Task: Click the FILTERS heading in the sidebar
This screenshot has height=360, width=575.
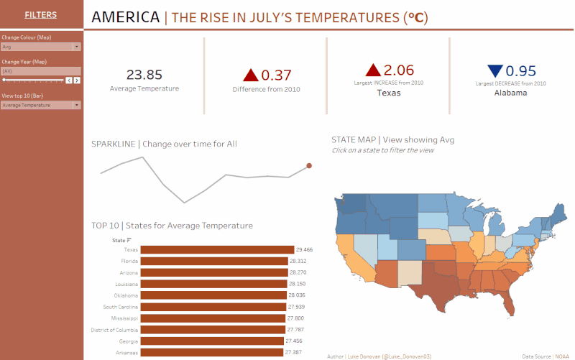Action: (40, 14)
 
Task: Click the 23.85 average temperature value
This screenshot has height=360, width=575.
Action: (144, 75)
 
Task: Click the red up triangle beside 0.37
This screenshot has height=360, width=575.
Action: (250, 75)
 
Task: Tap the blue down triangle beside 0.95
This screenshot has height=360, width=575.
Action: (494, 70)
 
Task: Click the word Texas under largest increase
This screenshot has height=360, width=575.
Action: (389, 93)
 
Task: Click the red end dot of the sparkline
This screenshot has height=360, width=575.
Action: (309, 166)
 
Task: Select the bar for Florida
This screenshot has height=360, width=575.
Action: (213, 262)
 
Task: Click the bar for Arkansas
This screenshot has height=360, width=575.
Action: (211, 353)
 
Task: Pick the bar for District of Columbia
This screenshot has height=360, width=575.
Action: (213, 330)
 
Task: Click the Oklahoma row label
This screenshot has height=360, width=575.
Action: (126, 295)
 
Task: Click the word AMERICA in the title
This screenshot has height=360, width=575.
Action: (126, 17)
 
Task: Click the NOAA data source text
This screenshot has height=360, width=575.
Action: (561, 356)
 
